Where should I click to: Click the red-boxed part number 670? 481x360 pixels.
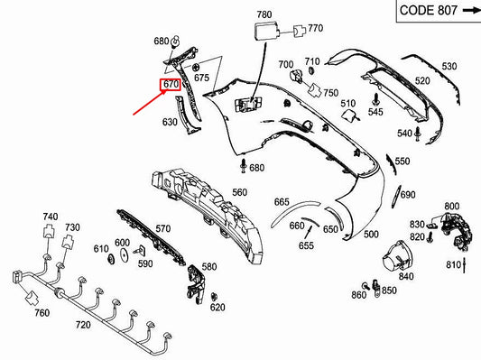pos(171,86)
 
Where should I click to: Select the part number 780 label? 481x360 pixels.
pos(264,15)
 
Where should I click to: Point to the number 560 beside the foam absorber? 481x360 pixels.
pos(239,192)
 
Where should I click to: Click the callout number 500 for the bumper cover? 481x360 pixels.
pos(371,235)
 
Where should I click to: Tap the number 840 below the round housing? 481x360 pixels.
pos(406,276)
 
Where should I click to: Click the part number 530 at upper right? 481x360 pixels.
pos(449,66)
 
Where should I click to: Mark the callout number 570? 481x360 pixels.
pos(162,228)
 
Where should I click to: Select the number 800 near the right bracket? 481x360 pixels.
pos(451,207)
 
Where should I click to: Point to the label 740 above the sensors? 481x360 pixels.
pos(50,217)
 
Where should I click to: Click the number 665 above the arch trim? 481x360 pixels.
pos(282,202)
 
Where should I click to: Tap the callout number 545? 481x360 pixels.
pos(375,112)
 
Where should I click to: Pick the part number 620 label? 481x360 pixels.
pos(217,307)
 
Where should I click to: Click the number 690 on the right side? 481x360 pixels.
pos(408,195)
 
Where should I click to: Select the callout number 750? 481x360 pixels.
pos(331,93)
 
